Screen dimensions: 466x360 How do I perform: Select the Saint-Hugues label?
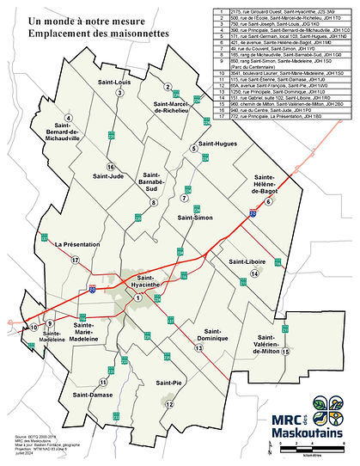point(217,144)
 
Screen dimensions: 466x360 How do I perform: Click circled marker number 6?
point(269,201)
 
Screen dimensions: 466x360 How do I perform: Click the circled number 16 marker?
point(110,166)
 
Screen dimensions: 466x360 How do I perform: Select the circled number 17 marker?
point(76,259)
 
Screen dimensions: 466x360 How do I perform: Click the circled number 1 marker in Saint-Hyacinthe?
point(137,297)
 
